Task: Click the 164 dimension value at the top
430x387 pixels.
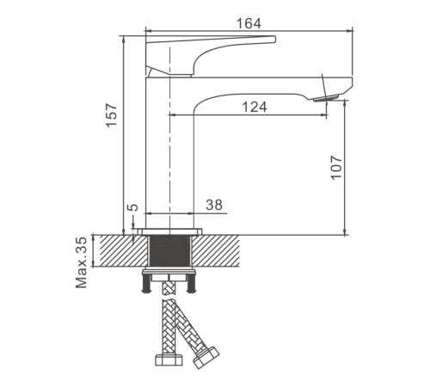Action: [249, 23]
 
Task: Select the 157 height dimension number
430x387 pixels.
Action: [112, 115]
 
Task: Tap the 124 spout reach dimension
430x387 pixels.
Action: [255, 107]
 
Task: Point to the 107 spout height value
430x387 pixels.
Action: [336, 168]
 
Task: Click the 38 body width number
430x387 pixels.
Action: [214, 205]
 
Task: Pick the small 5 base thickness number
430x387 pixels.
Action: [133, 207]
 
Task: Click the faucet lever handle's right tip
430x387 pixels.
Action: [274, 39]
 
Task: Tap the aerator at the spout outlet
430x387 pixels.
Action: [326, 98]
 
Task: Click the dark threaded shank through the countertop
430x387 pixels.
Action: [169, 251]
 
